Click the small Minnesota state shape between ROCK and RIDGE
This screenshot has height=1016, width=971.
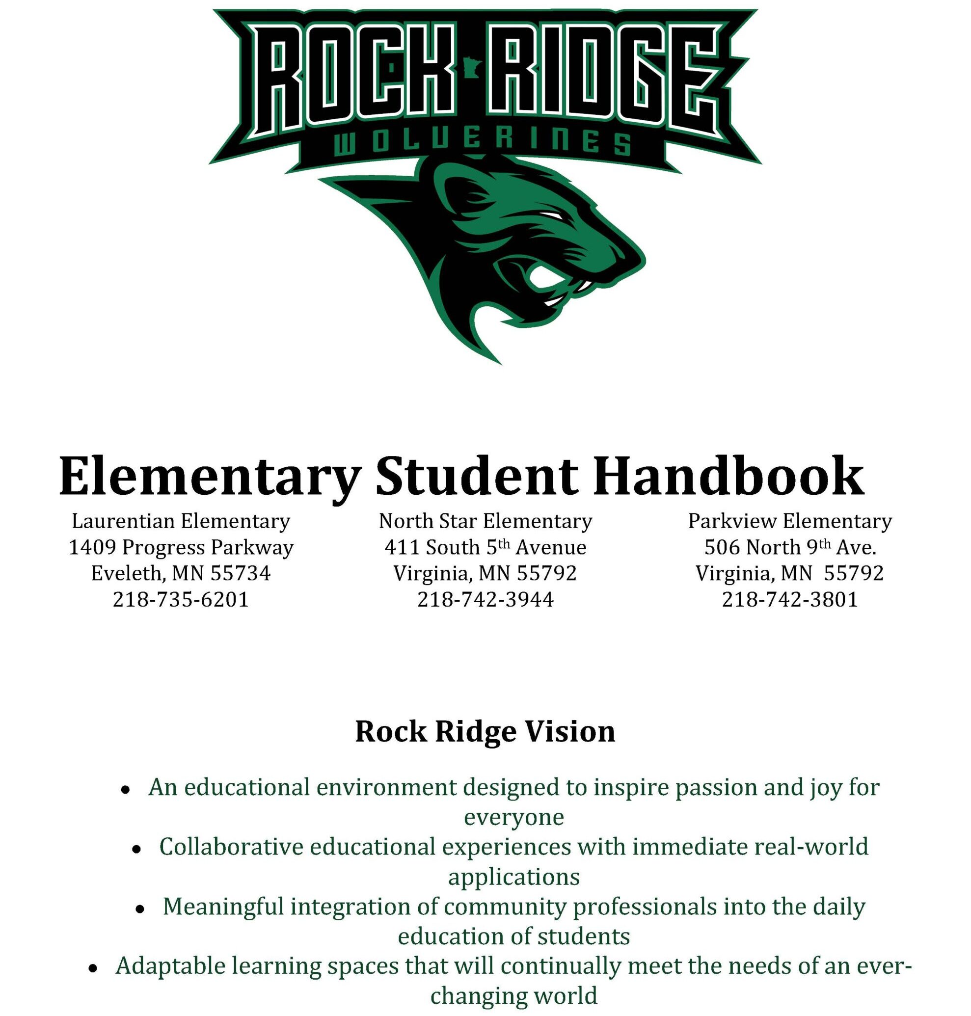(x=472, y=68)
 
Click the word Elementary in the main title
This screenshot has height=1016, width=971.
(x=210, y=476)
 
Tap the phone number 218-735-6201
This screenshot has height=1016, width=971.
(x=181, y=599)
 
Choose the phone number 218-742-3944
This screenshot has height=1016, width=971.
(x=485, y=599)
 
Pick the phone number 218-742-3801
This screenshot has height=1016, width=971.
(x=790, y=599)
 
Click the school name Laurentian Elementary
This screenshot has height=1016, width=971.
(x=181, y=521)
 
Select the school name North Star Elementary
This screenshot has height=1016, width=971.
(x=485, y=521)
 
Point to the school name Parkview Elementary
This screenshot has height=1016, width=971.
(x=790, y=521)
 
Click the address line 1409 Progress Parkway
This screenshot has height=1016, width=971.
(x=181, y=548)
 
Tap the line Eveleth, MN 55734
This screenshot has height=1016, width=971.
(x=181, y=573)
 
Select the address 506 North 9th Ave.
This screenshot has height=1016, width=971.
(x=790, y=548)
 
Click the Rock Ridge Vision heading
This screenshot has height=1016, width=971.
(x=485, y=731)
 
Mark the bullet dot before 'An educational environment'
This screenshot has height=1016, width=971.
(x=125, y=790)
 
